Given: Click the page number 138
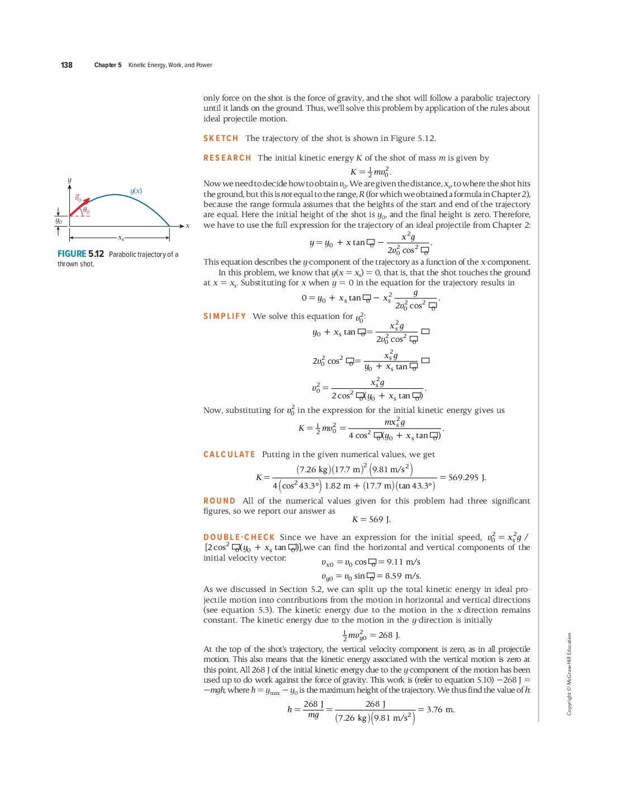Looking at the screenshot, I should pyautogui.click(x=67, y=65).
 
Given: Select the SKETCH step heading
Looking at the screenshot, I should pyautogui.click(x=221, y=138).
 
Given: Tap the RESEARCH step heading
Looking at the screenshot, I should pyautogui.click(x=227, y=158).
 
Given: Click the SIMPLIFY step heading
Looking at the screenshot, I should pyautogui.click(x=225, y=316).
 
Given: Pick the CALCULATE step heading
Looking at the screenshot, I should pyautogui.click(x=229, y=454).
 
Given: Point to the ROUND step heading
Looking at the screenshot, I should pyautogui.click(x=219, y=501).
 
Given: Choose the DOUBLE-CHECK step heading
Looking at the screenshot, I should pyautogui.click(x=239, y=537).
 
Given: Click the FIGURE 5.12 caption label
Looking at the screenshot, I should pyautogui.click(x=81, y=254).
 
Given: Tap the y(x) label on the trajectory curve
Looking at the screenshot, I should pyautogui.click(x=136, y=191).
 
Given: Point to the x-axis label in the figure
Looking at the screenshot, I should pyautogui.click(x=187, y=226).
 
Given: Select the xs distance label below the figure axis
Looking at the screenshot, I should pyautogui.click(x=121, y=238).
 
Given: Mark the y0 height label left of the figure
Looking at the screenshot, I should pyautogui.click(x=58, y=221).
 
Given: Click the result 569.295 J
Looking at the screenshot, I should pyautogui.click(x=467, y=477).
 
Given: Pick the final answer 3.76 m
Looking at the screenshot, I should pyautogui.click(x=441, y=709).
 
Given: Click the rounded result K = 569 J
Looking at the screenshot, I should pyautogui.click(x=371, y=519).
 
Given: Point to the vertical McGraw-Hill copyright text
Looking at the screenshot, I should pyautogui.click(x=569, y=674).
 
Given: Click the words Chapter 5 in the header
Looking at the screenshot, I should pyautogui.click(x=108, y=65).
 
